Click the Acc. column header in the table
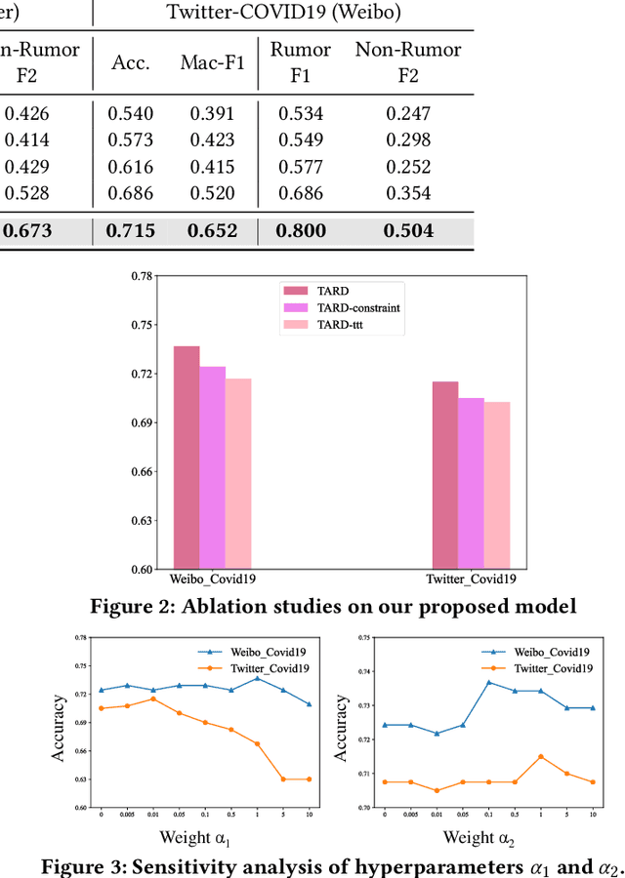[x=131, y=62]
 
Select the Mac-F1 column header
[x=207, y=62]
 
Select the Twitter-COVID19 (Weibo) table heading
[x=283, y=14]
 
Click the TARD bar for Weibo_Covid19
[x=187, y=458]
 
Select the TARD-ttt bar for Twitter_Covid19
[x=497, y=485]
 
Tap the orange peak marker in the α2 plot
[x=540, y=756]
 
